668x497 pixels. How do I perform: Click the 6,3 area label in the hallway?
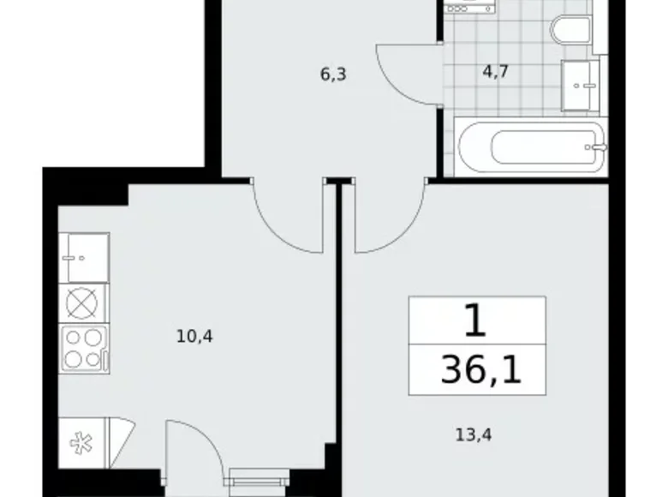pyautogui.click(x=332, y=75)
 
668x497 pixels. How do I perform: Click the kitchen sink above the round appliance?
pyautogui.click(x=84, y=256)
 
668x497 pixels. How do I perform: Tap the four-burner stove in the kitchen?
pyautogui.click(x=83, y=348)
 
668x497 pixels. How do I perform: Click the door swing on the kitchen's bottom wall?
pyautogui.click(x=193, y=446)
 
